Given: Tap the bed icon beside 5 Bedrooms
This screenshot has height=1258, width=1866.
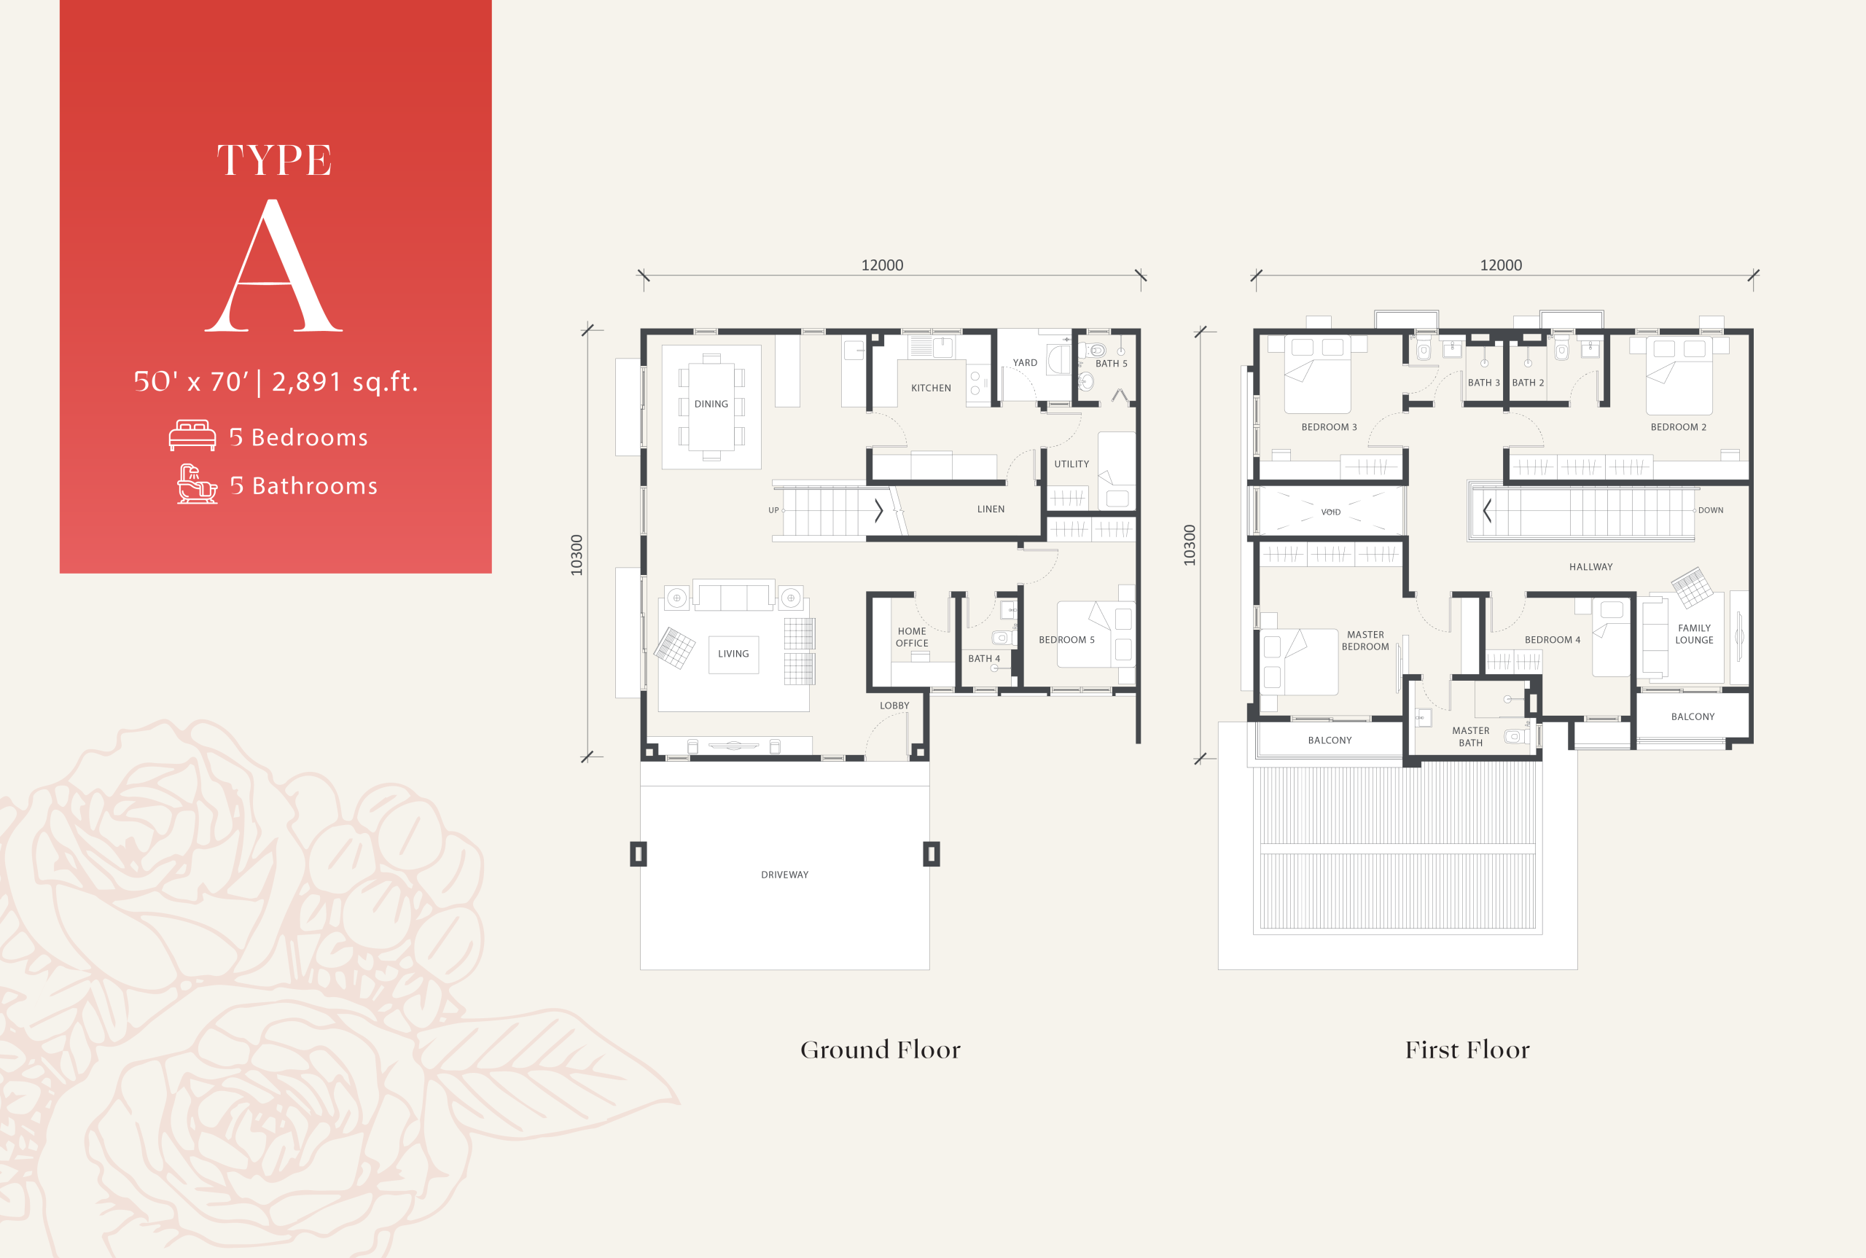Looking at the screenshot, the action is (192, 436).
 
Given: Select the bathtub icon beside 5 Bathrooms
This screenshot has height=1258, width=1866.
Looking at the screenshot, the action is (197, 484).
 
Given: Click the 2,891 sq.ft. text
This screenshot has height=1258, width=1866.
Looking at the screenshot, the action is (345, 382).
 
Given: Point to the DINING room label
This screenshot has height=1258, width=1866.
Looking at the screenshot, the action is (711, 405).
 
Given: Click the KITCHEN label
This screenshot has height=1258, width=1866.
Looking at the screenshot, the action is (932, 388).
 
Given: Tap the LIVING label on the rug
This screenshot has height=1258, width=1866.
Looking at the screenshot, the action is (733, 654).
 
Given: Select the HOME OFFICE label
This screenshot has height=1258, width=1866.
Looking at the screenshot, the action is (912, 637).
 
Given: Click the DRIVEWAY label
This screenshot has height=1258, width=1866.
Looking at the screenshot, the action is (784, 875).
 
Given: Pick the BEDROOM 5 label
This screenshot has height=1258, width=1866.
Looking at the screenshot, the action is (1066, 639).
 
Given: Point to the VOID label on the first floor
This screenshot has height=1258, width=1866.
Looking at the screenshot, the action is (1331, 512).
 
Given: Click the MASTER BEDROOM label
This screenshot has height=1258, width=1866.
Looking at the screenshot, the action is (1365, 640).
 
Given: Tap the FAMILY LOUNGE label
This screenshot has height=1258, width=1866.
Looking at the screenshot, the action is (1694, 634).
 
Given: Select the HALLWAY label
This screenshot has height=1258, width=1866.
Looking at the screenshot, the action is (1590, 566).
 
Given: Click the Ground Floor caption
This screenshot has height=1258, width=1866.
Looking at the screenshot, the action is (881, 1050).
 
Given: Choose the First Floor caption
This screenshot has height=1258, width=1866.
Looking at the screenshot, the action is (1467, 1050).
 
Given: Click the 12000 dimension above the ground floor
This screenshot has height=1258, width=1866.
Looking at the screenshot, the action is (883, 265).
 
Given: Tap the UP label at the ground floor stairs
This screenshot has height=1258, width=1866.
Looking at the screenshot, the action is (773, 510).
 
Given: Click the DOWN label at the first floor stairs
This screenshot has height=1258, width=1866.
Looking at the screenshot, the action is (1710, 510).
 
